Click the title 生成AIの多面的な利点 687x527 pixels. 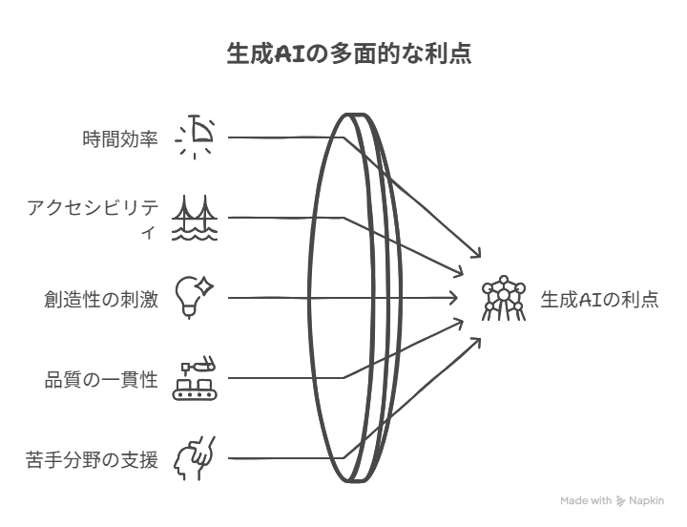pyautogui.click(x=349, y=54)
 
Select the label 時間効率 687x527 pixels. pyautogui.click(x=120, y=139)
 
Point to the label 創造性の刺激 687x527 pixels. pyautogui.click(x=101, y=300)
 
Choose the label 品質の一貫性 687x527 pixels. pyautogui.click(x=101, y=380)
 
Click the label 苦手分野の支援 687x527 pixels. pyautogui.click(x=92, y=460)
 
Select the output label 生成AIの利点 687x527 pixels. pyautogui.click(x=599, y=300)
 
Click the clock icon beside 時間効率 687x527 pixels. pyautogui.click(x=195, y=137)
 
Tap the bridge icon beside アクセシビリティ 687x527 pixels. pyautogui.click(x=195, y=218)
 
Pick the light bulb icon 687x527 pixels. pyautogui.click(x=194, y=297)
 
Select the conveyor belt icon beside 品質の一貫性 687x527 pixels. pyautogui.click(x=195, y=380)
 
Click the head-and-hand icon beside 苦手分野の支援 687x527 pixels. pyautogui.click(x=195, y=458)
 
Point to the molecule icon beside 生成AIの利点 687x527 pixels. pyautogui.click(x=504, y=298)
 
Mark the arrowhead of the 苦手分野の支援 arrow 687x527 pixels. pyautogui.click(x=478, y=341)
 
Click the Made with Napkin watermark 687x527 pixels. pyautogui.click(x=612, y=500)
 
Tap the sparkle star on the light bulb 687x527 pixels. pyautogui.click(x=204, y=286)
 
